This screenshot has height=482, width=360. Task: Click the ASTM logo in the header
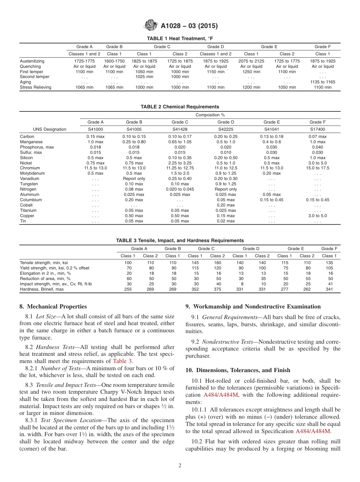pyautogui.click(x=151, y=26)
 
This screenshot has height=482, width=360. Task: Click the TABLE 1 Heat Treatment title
pyautogui.click(x=180, y=39)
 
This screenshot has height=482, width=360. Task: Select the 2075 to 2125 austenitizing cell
pyautogui.click(x=251, y=61)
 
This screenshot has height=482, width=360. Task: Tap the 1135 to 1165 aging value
pyautogui.click(x=322, y=82)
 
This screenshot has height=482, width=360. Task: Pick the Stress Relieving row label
pyautogui.click(x=36, y=87)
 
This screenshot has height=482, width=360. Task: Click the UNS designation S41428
pyautogui.click(x=180, y=129)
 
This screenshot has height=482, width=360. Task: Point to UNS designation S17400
pyautogui.click(x=318, y=129)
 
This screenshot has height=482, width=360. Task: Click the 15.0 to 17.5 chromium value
pyautogui.click(x=318, y=168)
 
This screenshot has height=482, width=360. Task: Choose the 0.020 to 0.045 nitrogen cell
pyautogui.click(x=180, y=189)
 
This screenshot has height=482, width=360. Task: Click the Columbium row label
pyautogui.click(x=31, y=200)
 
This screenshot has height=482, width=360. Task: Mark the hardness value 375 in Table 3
pyautogui.click(x=218, y=289)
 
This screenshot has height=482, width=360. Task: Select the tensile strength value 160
pyautogui.click(x=218, y=263)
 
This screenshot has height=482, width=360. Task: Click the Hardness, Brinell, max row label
pyautogui.click(x=42, y=289)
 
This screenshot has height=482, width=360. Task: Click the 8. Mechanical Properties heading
pyautogui.click(x=53, y=307)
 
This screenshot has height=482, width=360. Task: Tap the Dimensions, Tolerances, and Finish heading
pyautogui.click(x=238, y=370)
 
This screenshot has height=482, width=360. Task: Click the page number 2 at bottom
pyautogui.click(x=180, y=466)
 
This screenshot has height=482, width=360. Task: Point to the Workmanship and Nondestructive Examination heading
pyautogui.click(x=253, y=307)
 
